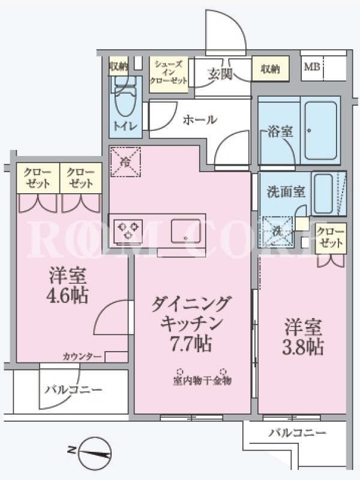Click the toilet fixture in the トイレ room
pyautogui.click(x=125, y=95)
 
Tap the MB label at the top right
pyautogui.click(x=311, y=67)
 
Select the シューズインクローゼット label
pyautogui.click(x=168, y=73)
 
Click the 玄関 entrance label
pyautogui.click(x=220, y=73)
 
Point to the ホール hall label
pyautogui.click(x=200, y=119)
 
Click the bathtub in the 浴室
pyautogui.click(x=320, y=131)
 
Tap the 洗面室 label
pyautogui.click(x=286, y=192)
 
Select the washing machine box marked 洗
pyautogui.click(x=278, y=232)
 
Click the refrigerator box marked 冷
pyautogui.click(x=125, y=162)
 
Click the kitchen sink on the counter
pyautogui.click(x=186, y=231)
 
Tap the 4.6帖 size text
pyautogui.click(x=67, y=295)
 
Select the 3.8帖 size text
pyautogui.click(x=302, y=347)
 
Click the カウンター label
pyautogui.click(x=82, y=356)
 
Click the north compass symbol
pyautogui.click(x=95, y=453)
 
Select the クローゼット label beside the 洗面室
pyautogui.click(x=331, y=238)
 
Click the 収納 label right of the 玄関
pyautogui.click(x=271, y=69)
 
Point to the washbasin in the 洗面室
pyautogui.click(x=323, y=194)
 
